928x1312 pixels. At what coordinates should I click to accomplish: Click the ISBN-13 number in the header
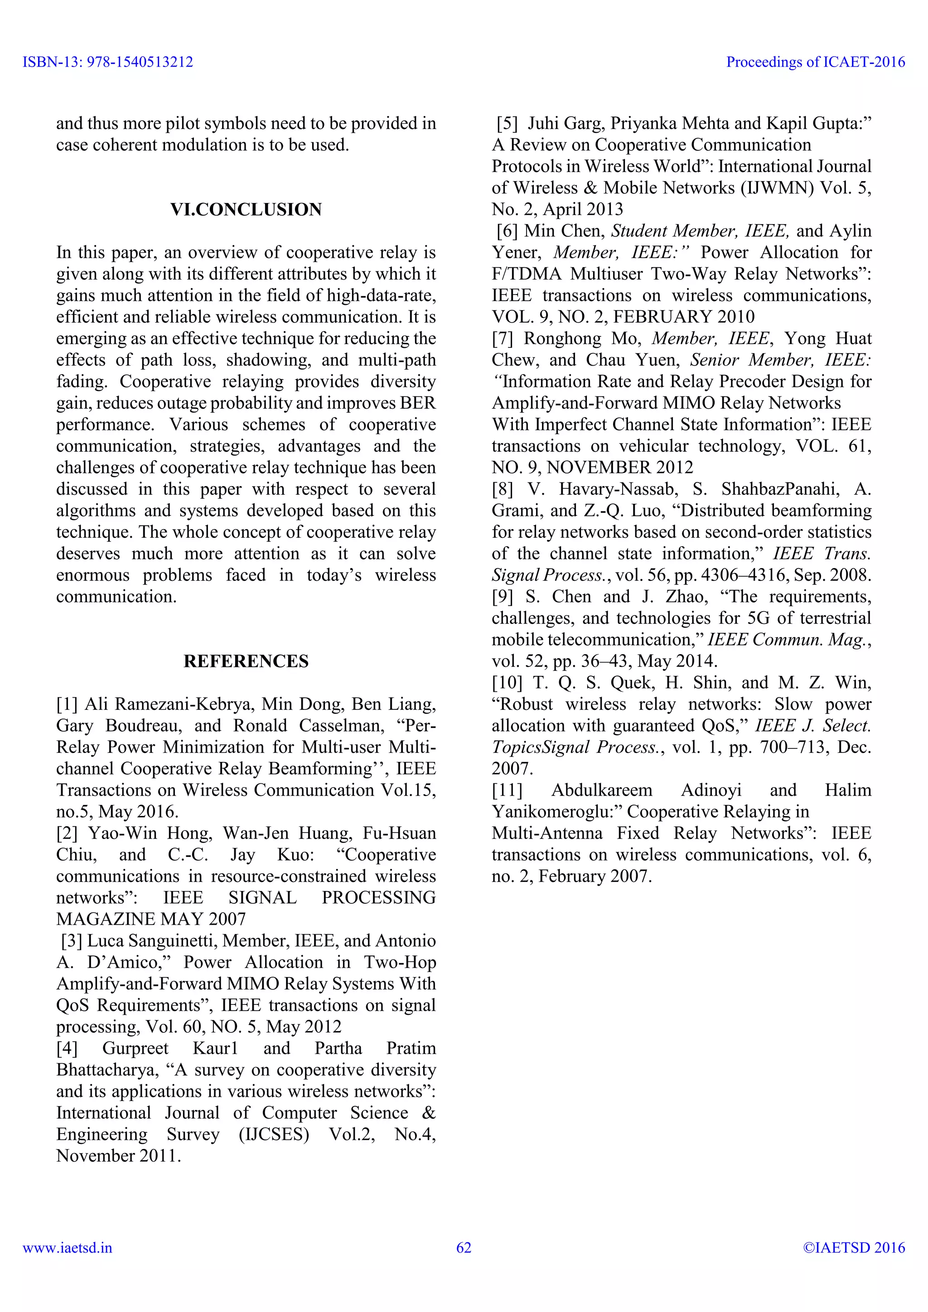coord(107,62)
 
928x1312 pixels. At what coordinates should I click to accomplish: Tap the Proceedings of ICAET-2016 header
coord(816,62)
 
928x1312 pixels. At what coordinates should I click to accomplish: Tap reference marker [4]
coord(67,1049)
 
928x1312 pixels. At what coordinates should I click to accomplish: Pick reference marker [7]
coord(502,338)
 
